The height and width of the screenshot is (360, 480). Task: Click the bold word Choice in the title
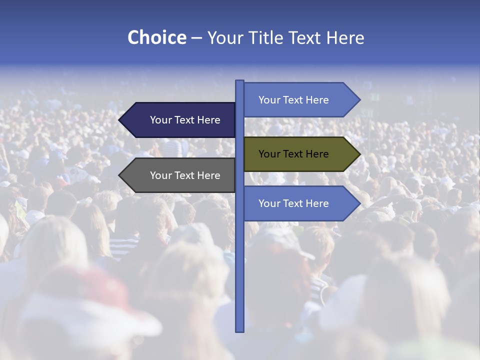click(x=156, y=37)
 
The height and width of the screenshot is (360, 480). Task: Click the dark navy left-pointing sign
click(x=180, y=120)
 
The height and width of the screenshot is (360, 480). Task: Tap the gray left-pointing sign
click(x=180, y=175)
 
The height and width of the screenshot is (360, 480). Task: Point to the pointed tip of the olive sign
click(x=359, y=154)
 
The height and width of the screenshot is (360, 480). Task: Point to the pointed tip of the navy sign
click(x=119, y=120)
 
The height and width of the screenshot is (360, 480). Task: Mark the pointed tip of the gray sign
click(x=119, y=175)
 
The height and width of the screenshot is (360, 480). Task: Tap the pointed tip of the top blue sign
click(x=359, y=100)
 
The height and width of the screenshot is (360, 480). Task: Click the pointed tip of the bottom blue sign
click(x=359, y=203)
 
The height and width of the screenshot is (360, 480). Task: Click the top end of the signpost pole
click(x=239, y=81)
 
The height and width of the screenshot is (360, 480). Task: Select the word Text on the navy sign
click(x=185, y=120)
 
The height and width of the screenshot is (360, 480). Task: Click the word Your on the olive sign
click(x=268, y=154)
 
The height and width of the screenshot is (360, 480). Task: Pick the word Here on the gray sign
click(x=208, y=175)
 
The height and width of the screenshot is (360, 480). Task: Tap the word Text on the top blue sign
click(x=293, y=100)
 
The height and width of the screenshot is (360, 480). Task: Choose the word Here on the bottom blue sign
click(x=317, y=203)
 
